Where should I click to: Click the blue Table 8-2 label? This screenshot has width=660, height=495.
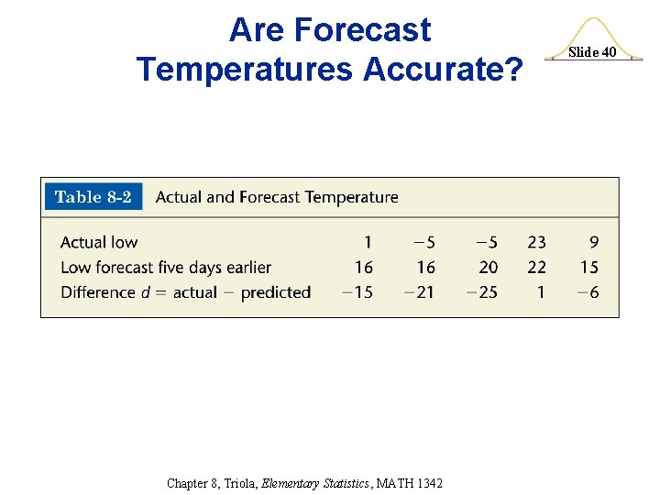(93, 197)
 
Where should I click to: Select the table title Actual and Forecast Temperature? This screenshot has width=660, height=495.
(277, 197)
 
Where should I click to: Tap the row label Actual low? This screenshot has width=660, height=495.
(99, 242)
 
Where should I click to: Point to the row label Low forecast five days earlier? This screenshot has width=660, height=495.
(166, 268)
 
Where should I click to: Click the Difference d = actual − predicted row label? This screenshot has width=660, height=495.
(185, 292)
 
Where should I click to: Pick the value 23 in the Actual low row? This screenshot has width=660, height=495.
(536, 242)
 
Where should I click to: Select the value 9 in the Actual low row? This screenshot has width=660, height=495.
(594, 242)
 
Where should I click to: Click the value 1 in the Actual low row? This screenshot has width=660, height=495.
(368, 242)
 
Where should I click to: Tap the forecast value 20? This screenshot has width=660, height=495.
(489, 268)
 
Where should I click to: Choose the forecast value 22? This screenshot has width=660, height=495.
(536, 268)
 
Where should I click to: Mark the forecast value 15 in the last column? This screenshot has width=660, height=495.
(588, 268)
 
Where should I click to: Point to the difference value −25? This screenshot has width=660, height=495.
(482, 292)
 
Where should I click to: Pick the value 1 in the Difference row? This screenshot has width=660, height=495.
(541, 292)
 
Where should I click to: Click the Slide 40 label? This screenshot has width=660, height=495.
(592, 52)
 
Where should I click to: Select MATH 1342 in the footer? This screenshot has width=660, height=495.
(410, 483)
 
